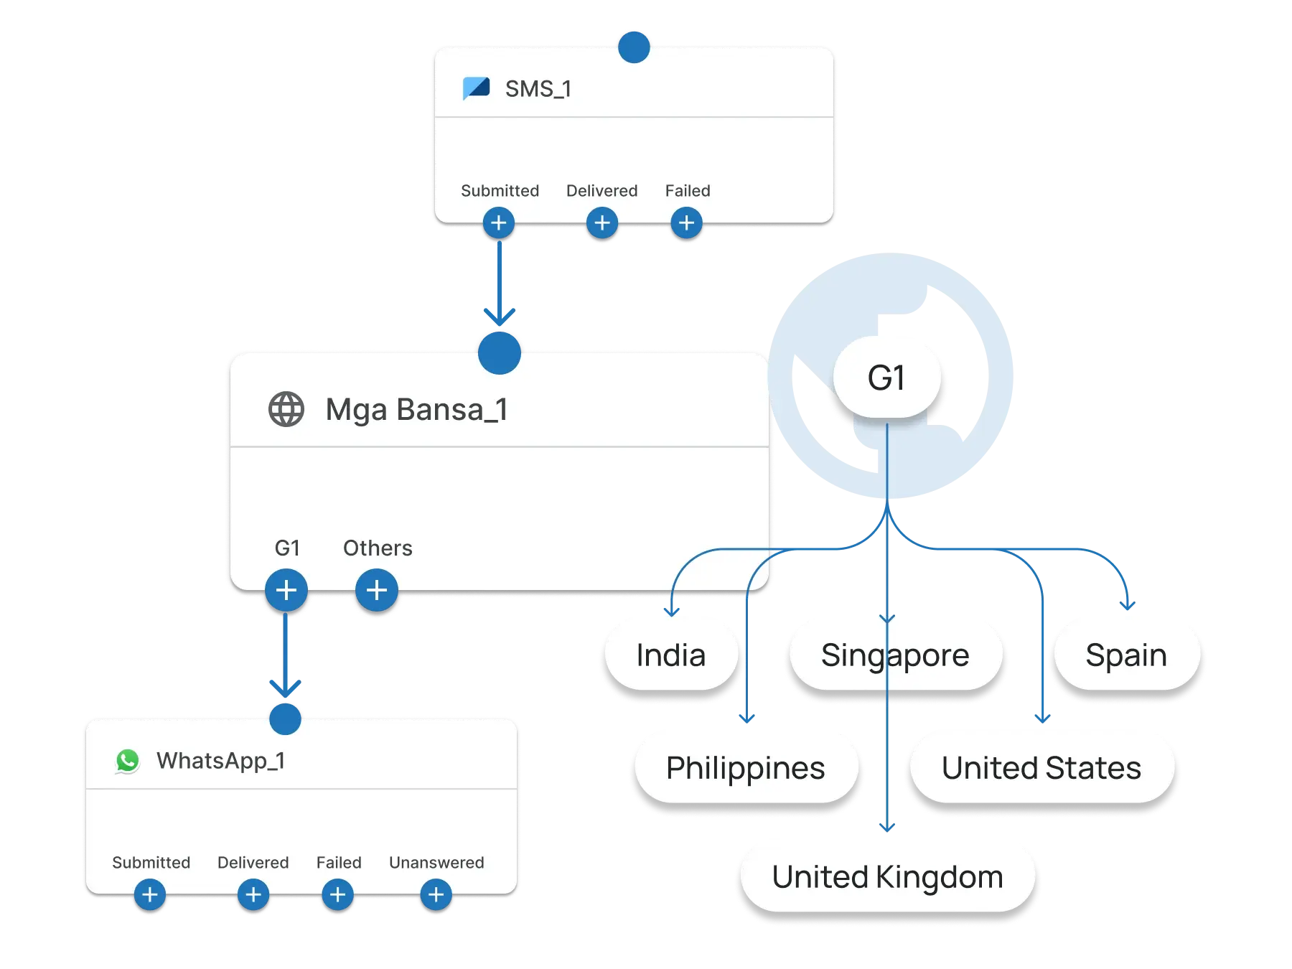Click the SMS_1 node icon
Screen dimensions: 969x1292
tap(477, 88)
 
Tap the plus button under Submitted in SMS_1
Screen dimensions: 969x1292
tap(499, 223)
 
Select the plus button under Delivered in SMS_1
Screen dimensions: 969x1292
tap(602, 223)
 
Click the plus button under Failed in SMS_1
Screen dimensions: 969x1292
tap(686, 223)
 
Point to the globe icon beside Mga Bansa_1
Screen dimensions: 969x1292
tap(286, 410)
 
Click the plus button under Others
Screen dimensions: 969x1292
tap(377, 590)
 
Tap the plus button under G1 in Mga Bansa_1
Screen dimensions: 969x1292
tap(286, 590)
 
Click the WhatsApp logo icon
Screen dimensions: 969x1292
tap(128, 761)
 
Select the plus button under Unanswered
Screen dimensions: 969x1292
tap(436, 894)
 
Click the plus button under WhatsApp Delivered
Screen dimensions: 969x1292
tap(253, 894)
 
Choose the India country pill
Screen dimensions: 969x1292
tap(670, 655)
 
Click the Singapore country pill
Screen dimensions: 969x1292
tap(894, 655)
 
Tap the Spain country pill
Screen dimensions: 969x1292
tap(1125, 655)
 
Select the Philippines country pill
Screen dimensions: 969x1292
tap(745, 767)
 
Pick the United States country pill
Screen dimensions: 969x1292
tap(1041, 767)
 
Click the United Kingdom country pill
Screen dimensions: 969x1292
tap(887, 876)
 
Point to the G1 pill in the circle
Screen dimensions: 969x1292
tap(886, 378)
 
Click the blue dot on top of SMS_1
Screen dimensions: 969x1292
tap(634, 47)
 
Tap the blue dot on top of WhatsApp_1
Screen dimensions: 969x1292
tap(285, 718)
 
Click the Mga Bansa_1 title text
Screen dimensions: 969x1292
tap(416, 410)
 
